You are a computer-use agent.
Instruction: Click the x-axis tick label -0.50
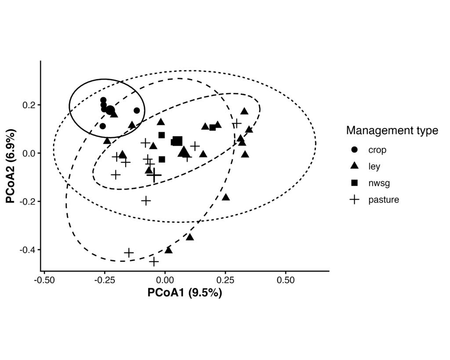pos(44,280)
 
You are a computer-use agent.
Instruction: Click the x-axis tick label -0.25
pos(104,280)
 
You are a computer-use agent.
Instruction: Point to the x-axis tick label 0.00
pos(165,280)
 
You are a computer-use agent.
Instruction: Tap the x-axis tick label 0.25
pos(225,280)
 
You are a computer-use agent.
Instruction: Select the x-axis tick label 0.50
pos(286,280)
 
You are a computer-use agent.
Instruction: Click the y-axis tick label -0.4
pos(28,250)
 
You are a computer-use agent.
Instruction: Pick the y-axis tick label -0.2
pos(28,201)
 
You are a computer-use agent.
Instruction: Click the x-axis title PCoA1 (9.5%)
pos(185,293)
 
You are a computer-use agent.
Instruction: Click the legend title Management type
pos(392,131)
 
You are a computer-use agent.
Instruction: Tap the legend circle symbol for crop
pos(354,150)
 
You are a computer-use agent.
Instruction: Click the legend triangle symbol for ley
pos(354,166)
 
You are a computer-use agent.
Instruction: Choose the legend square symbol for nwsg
pos(354,183)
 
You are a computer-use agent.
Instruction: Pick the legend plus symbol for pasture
pos(354,200)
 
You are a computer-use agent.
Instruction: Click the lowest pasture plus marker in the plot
pos(154,262)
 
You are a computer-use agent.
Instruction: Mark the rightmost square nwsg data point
pos(213,127)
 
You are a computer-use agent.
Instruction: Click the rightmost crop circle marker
pos(137,110)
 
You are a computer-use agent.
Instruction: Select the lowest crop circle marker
pos(103,126)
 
